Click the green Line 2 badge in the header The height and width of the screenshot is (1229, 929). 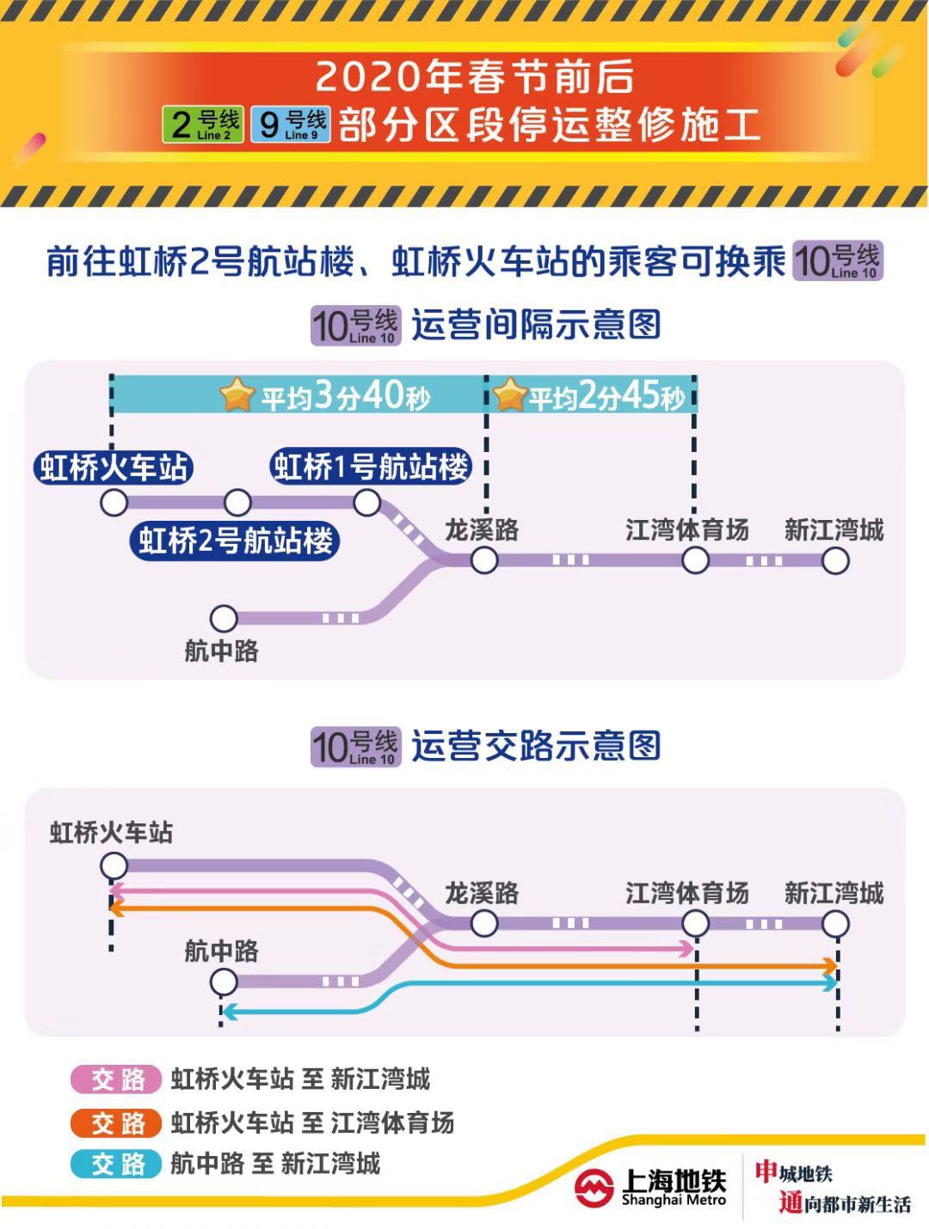[x=203, y=125]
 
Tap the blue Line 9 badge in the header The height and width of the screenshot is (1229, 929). [x=291, y=125]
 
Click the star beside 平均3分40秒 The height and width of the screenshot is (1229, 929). [x=237, y=395]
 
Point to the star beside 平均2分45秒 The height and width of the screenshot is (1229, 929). [x=509, y=395]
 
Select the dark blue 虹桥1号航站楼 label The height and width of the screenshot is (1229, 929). [x=372, y=467]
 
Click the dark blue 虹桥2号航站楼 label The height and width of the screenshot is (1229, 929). [x=235, y=541]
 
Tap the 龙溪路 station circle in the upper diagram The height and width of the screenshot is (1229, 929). [x=484, y=560]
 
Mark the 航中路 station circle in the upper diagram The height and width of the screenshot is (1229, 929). [x=224, y=617]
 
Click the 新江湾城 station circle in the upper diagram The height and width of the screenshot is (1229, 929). [x=835, y=560]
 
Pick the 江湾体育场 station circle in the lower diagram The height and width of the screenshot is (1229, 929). [x=695, y=924]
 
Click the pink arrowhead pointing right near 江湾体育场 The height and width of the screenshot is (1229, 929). [x=686, y=949]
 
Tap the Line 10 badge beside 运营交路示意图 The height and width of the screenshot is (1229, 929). [x=355, y=747]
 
